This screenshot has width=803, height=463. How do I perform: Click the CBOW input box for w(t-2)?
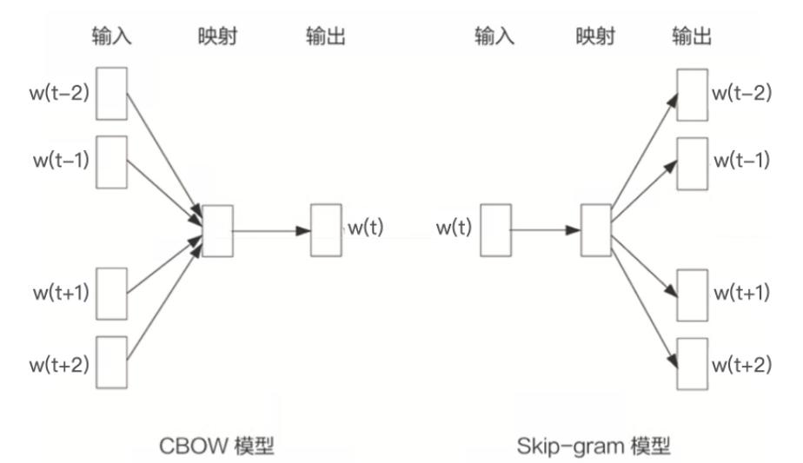pyautogui.click(x=112, y=93)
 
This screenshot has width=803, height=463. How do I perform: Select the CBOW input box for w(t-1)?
pyautogui.click(x=112, y=162)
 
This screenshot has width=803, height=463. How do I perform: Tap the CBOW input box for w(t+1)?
pyautogui.click(x=112, y=294)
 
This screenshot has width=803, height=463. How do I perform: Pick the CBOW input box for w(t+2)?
pyautogui.click(x=112, y=361)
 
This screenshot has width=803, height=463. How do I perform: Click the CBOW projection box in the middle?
pyautogui.click(x=217, y=231)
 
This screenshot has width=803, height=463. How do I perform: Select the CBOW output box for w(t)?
pyautogui.click(x=327, y=230)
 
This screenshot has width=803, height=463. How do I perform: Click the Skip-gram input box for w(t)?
pyautogui.click(x=495, y=231)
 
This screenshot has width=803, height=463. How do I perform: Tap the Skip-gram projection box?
pyautogui.click(x=596, y=231)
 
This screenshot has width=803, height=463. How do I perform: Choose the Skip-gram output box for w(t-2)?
pyautogui.click(x=693, y=94)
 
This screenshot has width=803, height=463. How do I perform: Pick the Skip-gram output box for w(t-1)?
pyautogui.click(x=693, y=162)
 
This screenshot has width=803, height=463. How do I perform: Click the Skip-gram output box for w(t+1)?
pyautogui.click(x=693, y=294)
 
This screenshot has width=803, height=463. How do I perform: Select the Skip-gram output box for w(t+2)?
pyautogui.click(x=693, y=362)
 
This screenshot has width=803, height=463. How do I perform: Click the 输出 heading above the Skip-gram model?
pyautogui.click(x=693, y=36)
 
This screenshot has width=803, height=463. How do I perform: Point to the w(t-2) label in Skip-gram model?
pyautogui.click(x=741, y=93)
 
